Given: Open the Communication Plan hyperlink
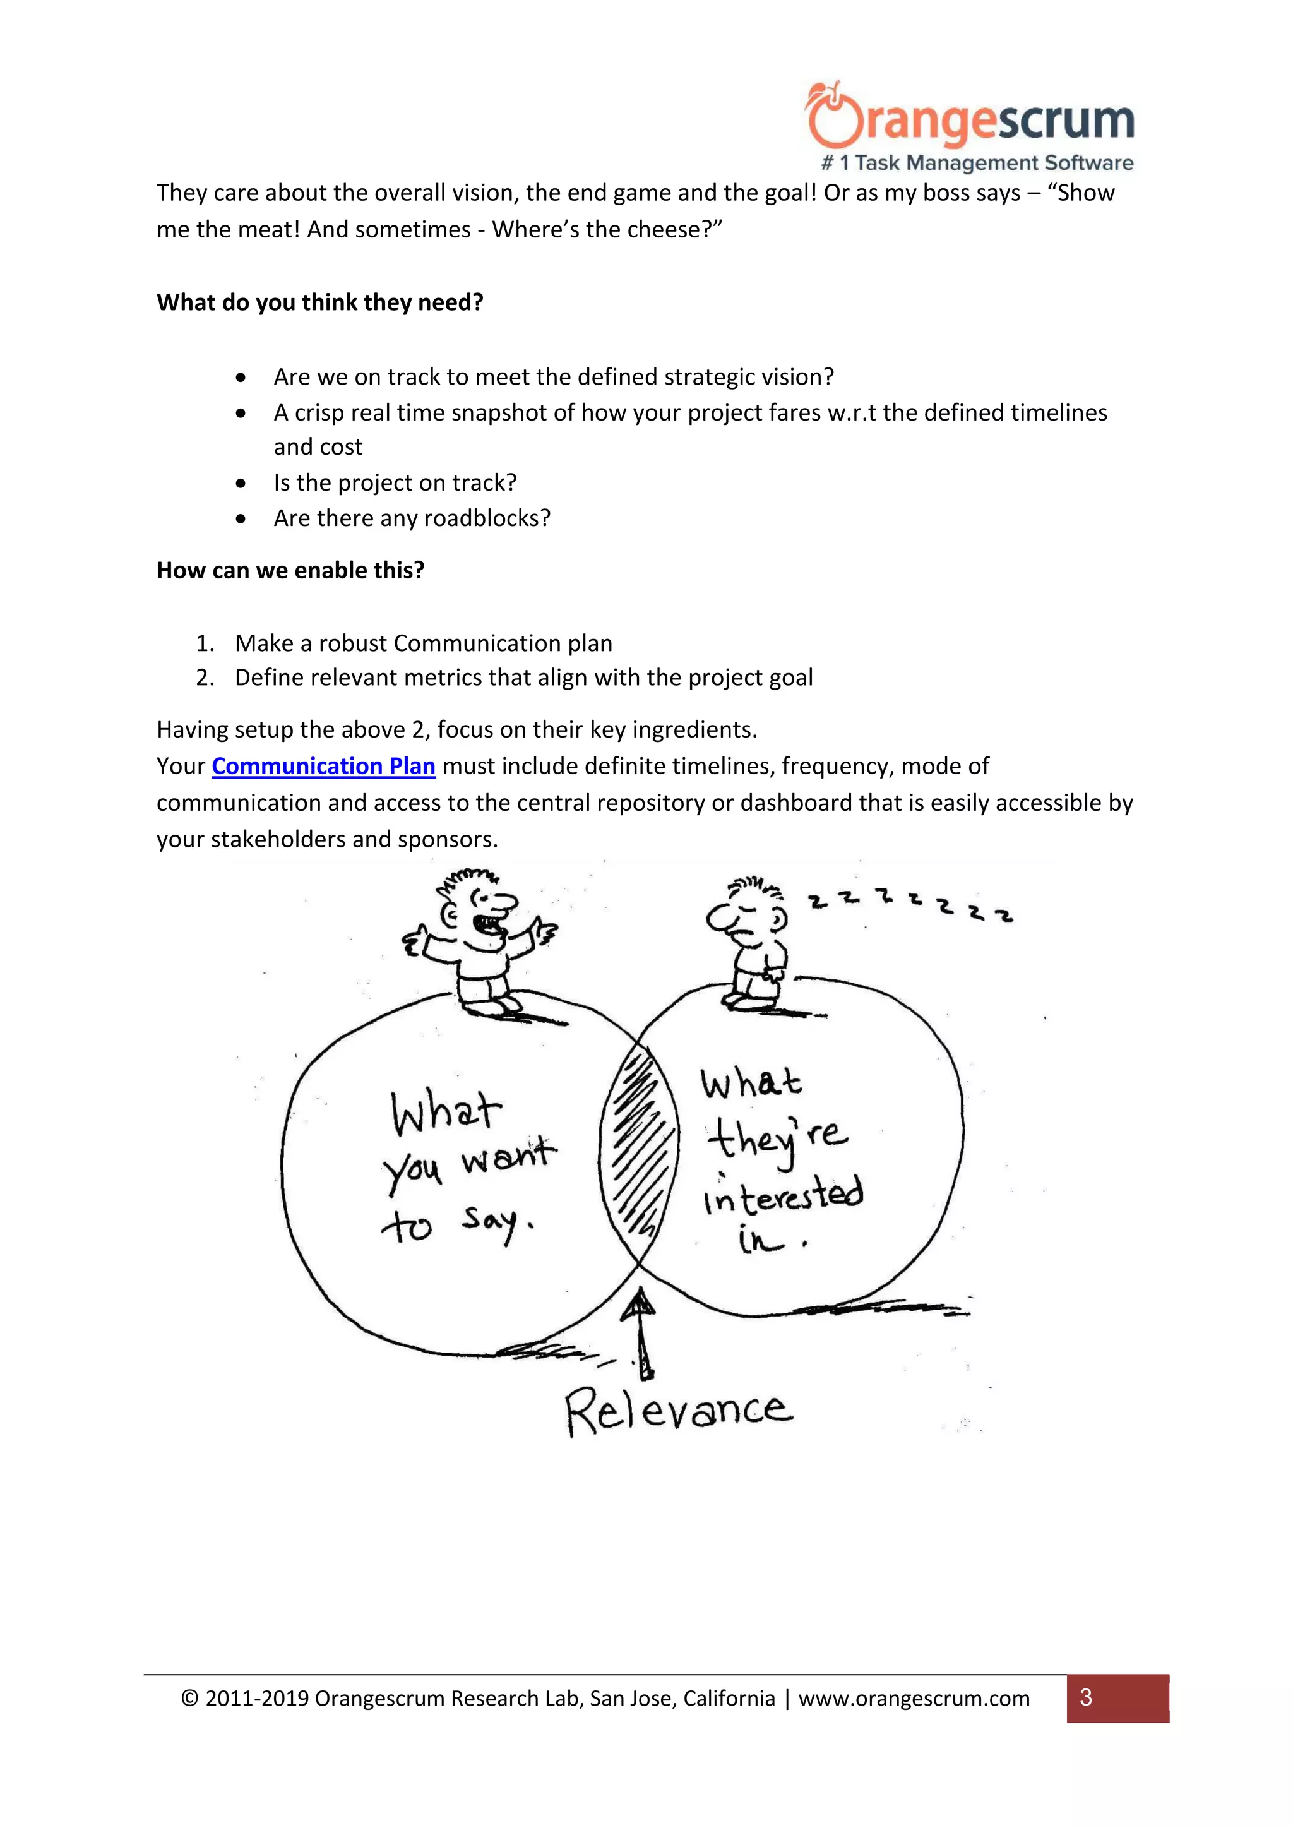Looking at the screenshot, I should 323,766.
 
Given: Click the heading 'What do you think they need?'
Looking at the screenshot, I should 320,302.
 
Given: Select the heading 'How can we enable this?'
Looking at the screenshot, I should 290,570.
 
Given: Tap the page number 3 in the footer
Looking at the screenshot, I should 1086,1698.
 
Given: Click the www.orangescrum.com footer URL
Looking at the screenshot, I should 914,1699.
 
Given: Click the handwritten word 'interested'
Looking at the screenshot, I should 784,1194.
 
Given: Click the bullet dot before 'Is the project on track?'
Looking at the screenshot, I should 241,483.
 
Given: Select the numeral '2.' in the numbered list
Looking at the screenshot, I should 205,678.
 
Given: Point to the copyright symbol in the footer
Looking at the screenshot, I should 189,1699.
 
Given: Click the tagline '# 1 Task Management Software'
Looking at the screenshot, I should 978,163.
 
